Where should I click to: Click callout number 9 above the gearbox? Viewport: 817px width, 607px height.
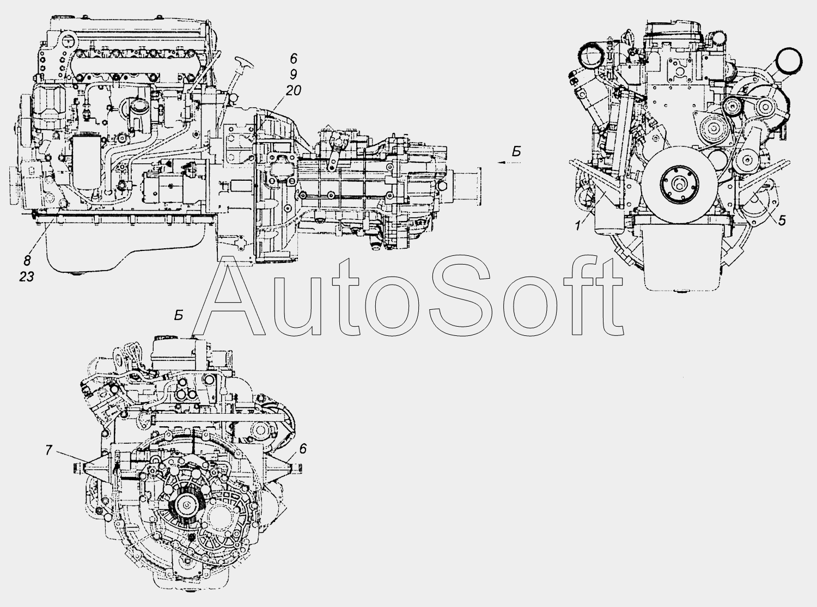pos(293,75)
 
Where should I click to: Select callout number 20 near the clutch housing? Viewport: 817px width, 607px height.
pos(294,90)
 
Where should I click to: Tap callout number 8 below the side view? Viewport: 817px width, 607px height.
pos(27,261)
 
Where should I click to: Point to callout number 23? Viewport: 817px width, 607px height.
pos(27,277)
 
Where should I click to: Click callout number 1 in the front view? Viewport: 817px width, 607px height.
pos(578,225)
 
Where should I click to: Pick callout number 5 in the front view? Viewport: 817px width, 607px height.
pos(782,220)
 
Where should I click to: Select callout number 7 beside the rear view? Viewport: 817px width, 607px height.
pos(48,450)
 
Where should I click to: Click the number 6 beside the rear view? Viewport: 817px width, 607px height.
pos(303,449)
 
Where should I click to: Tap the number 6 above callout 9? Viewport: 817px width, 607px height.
pos(294,58)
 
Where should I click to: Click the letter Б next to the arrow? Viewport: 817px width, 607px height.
pos(517,151)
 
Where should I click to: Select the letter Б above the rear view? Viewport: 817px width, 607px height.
pos(179,316)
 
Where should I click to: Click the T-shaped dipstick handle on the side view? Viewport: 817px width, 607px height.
pos(243,64)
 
